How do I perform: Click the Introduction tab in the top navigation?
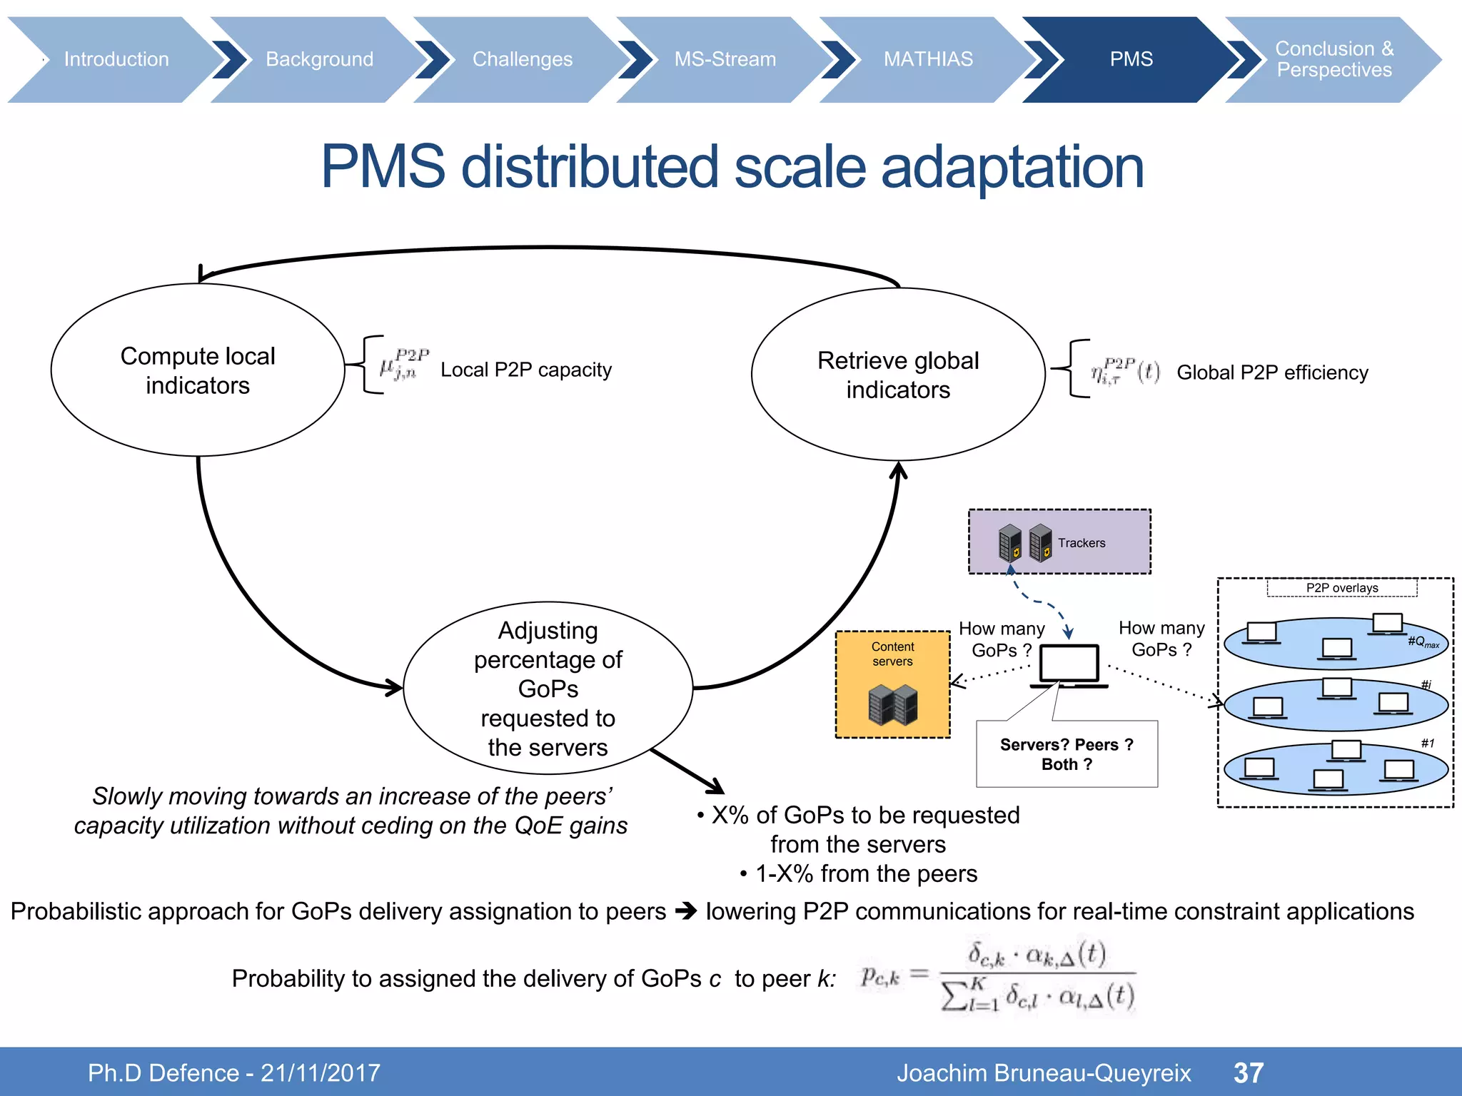[x=116, y=59]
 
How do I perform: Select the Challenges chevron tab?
[x=522, y=59]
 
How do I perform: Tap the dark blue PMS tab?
[x=1130, y=59]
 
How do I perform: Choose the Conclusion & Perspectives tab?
[x=1334, y=59]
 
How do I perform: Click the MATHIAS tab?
[x=927, y=59]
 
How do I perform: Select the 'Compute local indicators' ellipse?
[x=198, y=370]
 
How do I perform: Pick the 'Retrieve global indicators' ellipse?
[x=897, y=375]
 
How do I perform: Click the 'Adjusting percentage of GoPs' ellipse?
[x=548, y=688]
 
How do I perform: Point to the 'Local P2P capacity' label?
[x=525, y=370]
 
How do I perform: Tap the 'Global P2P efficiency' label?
[x=1271, y=372]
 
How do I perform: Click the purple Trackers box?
[x=1059, y=542]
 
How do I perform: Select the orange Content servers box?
[x=892, y=684]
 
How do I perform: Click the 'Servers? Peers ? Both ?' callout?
[x=1067, y=754]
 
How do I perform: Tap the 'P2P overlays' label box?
[x=1341, y=588]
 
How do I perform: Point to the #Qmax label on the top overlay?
[x=1423, y=642]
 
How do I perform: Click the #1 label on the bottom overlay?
[x=1427, y=743]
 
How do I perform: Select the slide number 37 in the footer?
[x=1249, y=1072]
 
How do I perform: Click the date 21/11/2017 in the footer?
[x=320, y=1072]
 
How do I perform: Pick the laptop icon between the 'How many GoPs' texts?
[x=1069, y=666]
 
